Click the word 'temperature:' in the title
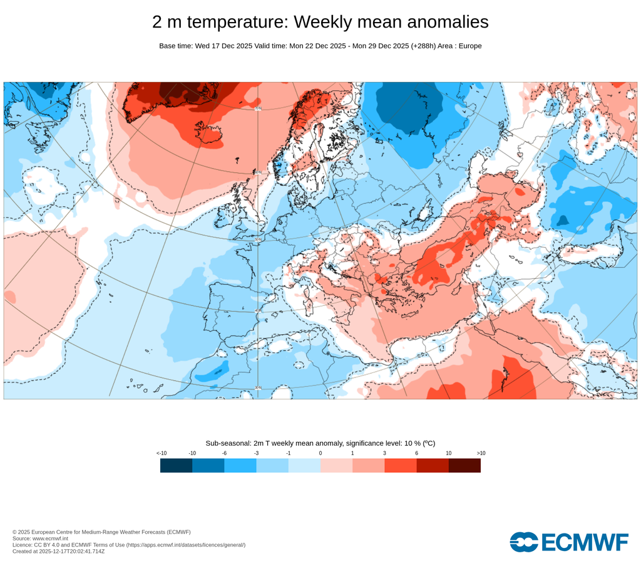237,22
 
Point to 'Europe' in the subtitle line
469,46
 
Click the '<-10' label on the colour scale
162,453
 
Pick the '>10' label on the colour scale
481,453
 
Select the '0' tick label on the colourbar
320,453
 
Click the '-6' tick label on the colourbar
224,453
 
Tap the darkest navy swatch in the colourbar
176,465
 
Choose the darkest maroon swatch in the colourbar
464,465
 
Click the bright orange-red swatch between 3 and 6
401,465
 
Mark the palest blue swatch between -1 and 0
304,465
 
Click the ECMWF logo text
583,542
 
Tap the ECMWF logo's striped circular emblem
523,542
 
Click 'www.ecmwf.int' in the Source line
52,539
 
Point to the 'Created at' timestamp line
58,551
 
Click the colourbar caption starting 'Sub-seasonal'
320,443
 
